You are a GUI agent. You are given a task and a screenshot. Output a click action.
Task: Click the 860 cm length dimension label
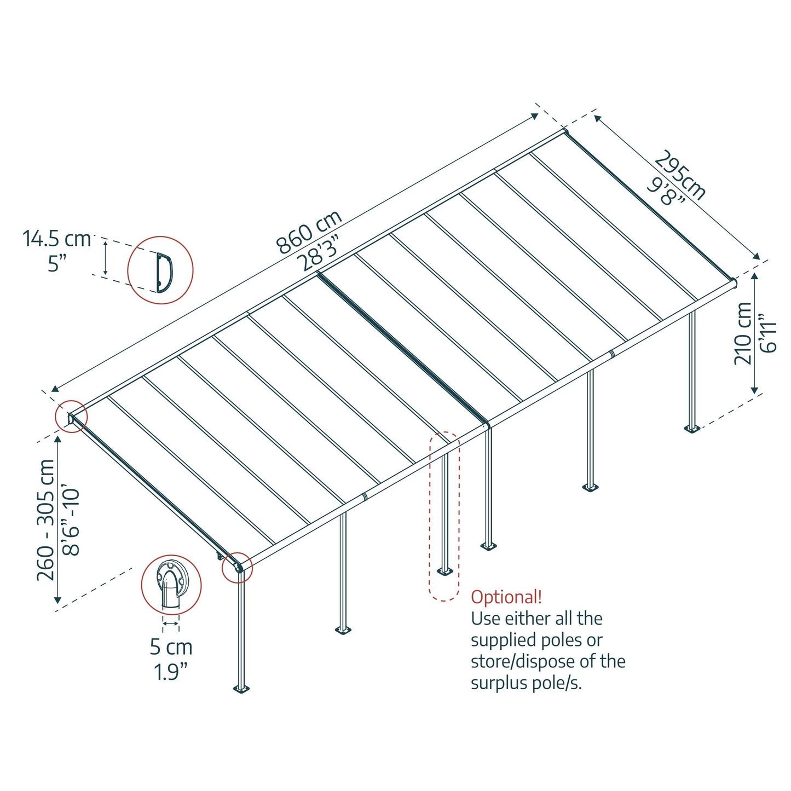tap(309, 232)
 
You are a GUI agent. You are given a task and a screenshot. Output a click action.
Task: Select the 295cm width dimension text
tap(680, 175)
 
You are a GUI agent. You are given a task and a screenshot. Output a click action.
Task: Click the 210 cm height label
tap(743, 333)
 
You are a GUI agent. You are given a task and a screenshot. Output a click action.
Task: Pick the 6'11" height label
tap(769, 333)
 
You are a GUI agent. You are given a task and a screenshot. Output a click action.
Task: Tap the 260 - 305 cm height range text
tap(46, 520)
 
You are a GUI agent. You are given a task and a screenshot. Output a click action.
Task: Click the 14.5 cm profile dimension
tap(56, 239)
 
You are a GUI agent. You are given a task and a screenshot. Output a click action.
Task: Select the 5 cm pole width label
tap(171, 647)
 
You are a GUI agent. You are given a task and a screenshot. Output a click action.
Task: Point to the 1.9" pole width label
tap(171, 672)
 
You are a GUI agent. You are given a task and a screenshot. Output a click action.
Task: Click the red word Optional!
tap(506, 597)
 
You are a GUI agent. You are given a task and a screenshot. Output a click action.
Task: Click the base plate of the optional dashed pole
tap(444, 572)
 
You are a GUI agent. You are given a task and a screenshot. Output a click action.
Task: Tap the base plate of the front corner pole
tap(241, 689)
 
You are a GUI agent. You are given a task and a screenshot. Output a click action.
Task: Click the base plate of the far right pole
tap(692, 428)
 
